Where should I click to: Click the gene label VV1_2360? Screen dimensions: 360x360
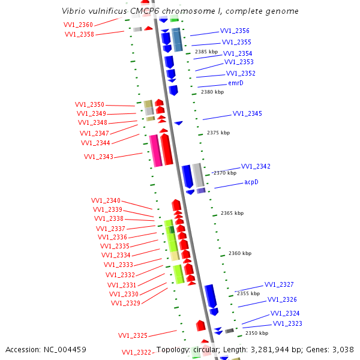[x=78, y=25]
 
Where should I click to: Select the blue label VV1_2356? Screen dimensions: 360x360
[x=235, y=31]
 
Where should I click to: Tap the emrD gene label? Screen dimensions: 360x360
[x=236, y=83]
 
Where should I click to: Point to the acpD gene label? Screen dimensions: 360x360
[x=251, y=182]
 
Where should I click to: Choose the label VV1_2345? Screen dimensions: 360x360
[x=247, y=113]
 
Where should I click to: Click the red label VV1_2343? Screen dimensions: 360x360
[x=98, y=157]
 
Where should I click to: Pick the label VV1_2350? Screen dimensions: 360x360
[x=89, y=104]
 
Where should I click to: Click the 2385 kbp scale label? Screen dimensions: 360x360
[x=207, y=52]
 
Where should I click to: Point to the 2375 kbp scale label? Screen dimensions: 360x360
[x=218, y=133]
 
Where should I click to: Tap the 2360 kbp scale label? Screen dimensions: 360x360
[x=239, y=253]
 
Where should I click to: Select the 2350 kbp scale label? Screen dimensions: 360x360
[x=257, y=333]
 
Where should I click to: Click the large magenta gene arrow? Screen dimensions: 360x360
[x=155, y=150]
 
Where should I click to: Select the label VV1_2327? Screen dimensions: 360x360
[x=279, y=284]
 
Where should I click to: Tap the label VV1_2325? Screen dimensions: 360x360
[x=133, y=335]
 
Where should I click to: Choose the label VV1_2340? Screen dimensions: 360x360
[x=106, y=200]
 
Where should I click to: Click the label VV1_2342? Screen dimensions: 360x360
[x=256, y=166]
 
